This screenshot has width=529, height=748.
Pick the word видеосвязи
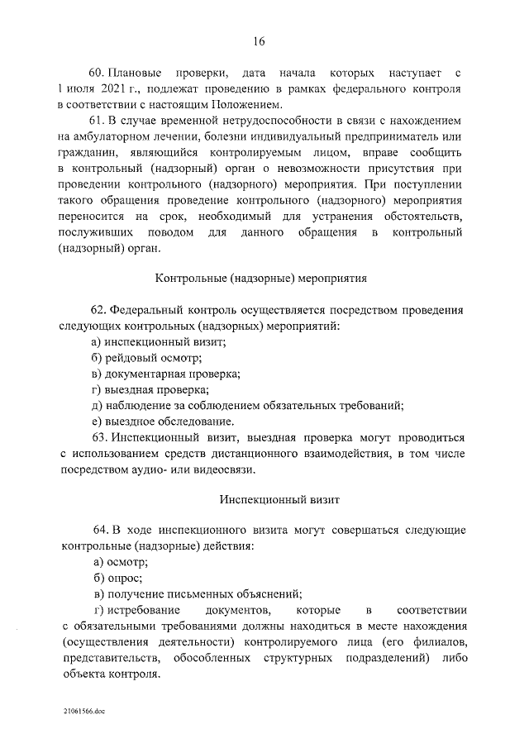(248, 469)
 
